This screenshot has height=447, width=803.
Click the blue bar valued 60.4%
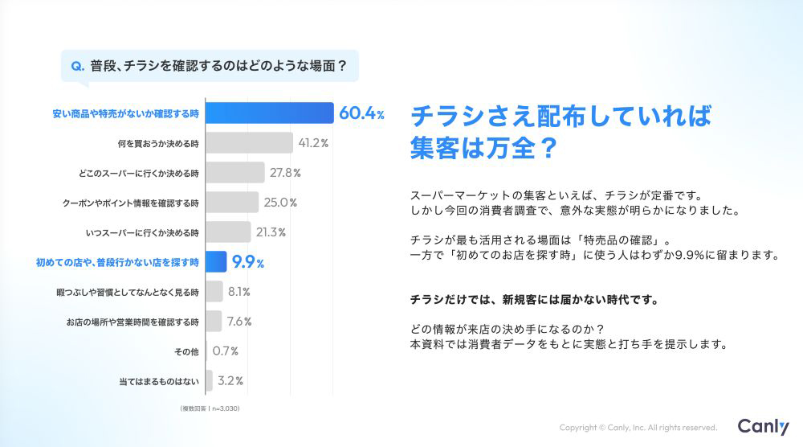click(x=269, y=113)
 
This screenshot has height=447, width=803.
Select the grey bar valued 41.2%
click(x=249, y=143)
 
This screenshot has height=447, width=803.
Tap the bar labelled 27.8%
click(x=234, y=173)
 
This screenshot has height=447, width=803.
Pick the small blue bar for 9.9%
click(x=214, y=262)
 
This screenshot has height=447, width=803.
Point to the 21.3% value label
click(x=271, y=232)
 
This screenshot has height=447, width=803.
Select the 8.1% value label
click(x=239, y=292)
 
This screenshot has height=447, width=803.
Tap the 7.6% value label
click(x=238, y=322)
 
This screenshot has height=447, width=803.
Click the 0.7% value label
click(x=225, y=351)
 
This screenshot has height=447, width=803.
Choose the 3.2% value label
click(x=231, y=381)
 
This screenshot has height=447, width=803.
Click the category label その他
click(x=185, y=351)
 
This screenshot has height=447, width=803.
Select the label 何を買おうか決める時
click(x=157, y=143)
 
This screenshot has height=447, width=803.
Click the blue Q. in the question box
click(x=78, y=67)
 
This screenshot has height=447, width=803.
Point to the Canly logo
click(x=763, y=427)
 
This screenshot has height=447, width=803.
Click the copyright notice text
click(x=638, y=428)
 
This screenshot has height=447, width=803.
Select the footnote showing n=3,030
click(x=210, y=409)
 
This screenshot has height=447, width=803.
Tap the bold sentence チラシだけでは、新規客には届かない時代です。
click(x=534, y=301)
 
